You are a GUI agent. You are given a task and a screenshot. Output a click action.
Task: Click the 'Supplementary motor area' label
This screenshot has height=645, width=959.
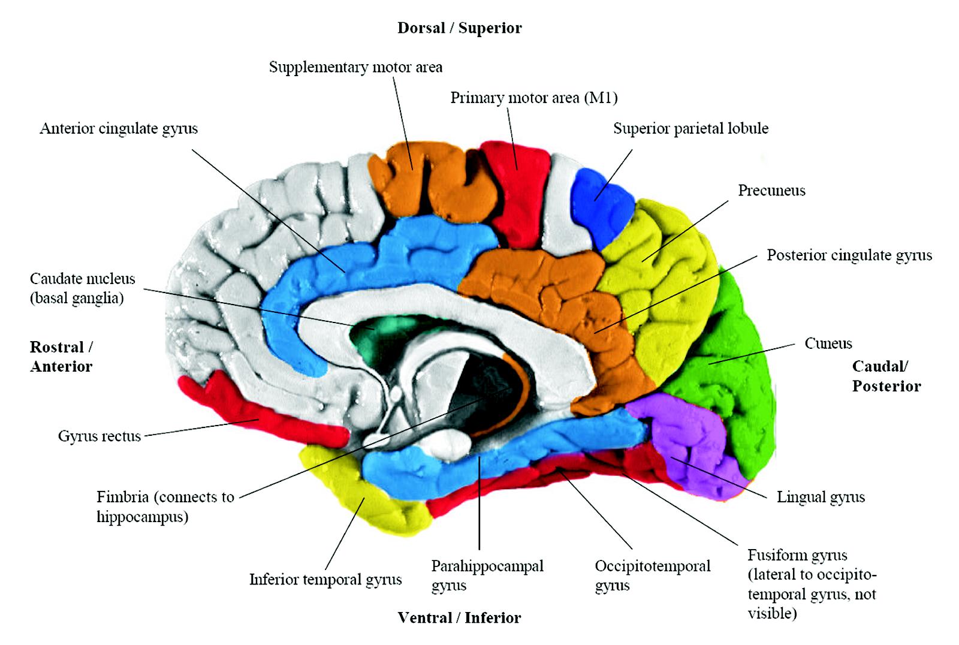pyautogui.click(x=355, y=67)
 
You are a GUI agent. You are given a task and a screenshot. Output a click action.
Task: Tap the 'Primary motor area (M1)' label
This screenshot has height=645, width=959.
pyautogui.click(x=533, y=98)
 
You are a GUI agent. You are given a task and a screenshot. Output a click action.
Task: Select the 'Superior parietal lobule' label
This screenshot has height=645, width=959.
pyautogui.click(x=690, y=128)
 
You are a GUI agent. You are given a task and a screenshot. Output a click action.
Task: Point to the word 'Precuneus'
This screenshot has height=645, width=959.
pyautogui.click(x=771, y=191)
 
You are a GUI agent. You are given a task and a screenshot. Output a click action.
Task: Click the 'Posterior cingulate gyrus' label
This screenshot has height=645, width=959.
pyautogui.click(x=849, y=255)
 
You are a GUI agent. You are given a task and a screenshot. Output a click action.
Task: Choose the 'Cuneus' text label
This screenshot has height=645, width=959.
pyautogui.click(x=828, y=343)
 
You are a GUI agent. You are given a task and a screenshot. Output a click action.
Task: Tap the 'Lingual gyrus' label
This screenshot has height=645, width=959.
pyautogui.click(x=821, y=497)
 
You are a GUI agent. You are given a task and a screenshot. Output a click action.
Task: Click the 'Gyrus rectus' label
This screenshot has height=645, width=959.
pyautogui.click(x=99, y=436)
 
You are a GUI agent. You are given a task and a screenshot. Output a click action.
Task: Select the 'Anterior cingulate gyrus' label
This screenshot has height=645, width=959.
pyautogui.click(x=119, y=128)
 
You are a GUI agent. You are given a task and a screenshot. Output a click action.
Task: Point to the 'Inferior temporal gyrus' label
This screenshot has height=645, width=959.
pyautogui.click(x=325, y=580)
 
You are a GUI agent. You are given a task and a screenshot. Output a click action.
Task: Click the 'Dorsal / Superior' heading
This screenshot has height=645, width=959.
pyautogui.click(x=460, y=28)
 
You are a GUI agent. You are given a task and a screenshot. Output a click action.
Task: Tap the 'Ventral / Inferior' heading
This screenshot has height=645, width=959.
pyautogui.click(x=460, y=618)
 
